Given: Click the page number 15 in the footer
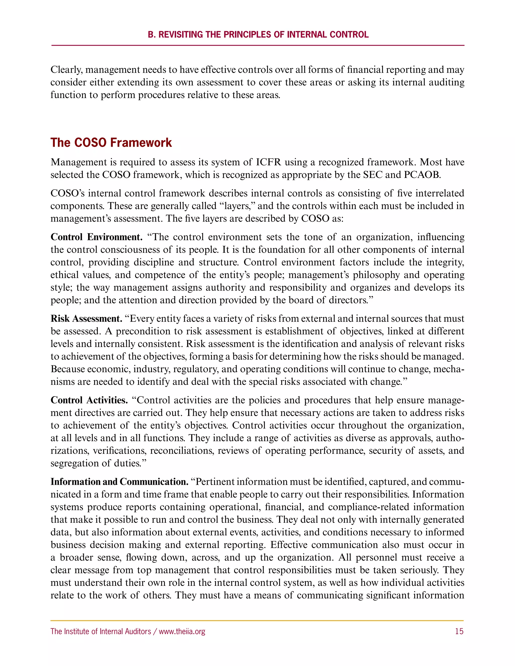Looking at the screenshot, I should [459, 631].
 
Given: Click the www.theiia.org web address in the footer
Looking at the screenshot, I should [182, 631].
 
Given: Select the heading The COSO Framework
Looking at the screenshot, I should [111, 143].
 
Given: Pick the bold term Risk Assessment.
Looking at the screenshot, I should [86, 319].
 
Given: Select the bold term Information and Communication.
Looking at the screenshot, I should [119, 482].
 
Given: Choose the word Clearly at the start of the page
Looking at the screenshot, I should [66, 70].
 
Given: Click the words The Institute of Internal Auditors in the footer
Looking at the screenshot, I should [101, 631].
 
